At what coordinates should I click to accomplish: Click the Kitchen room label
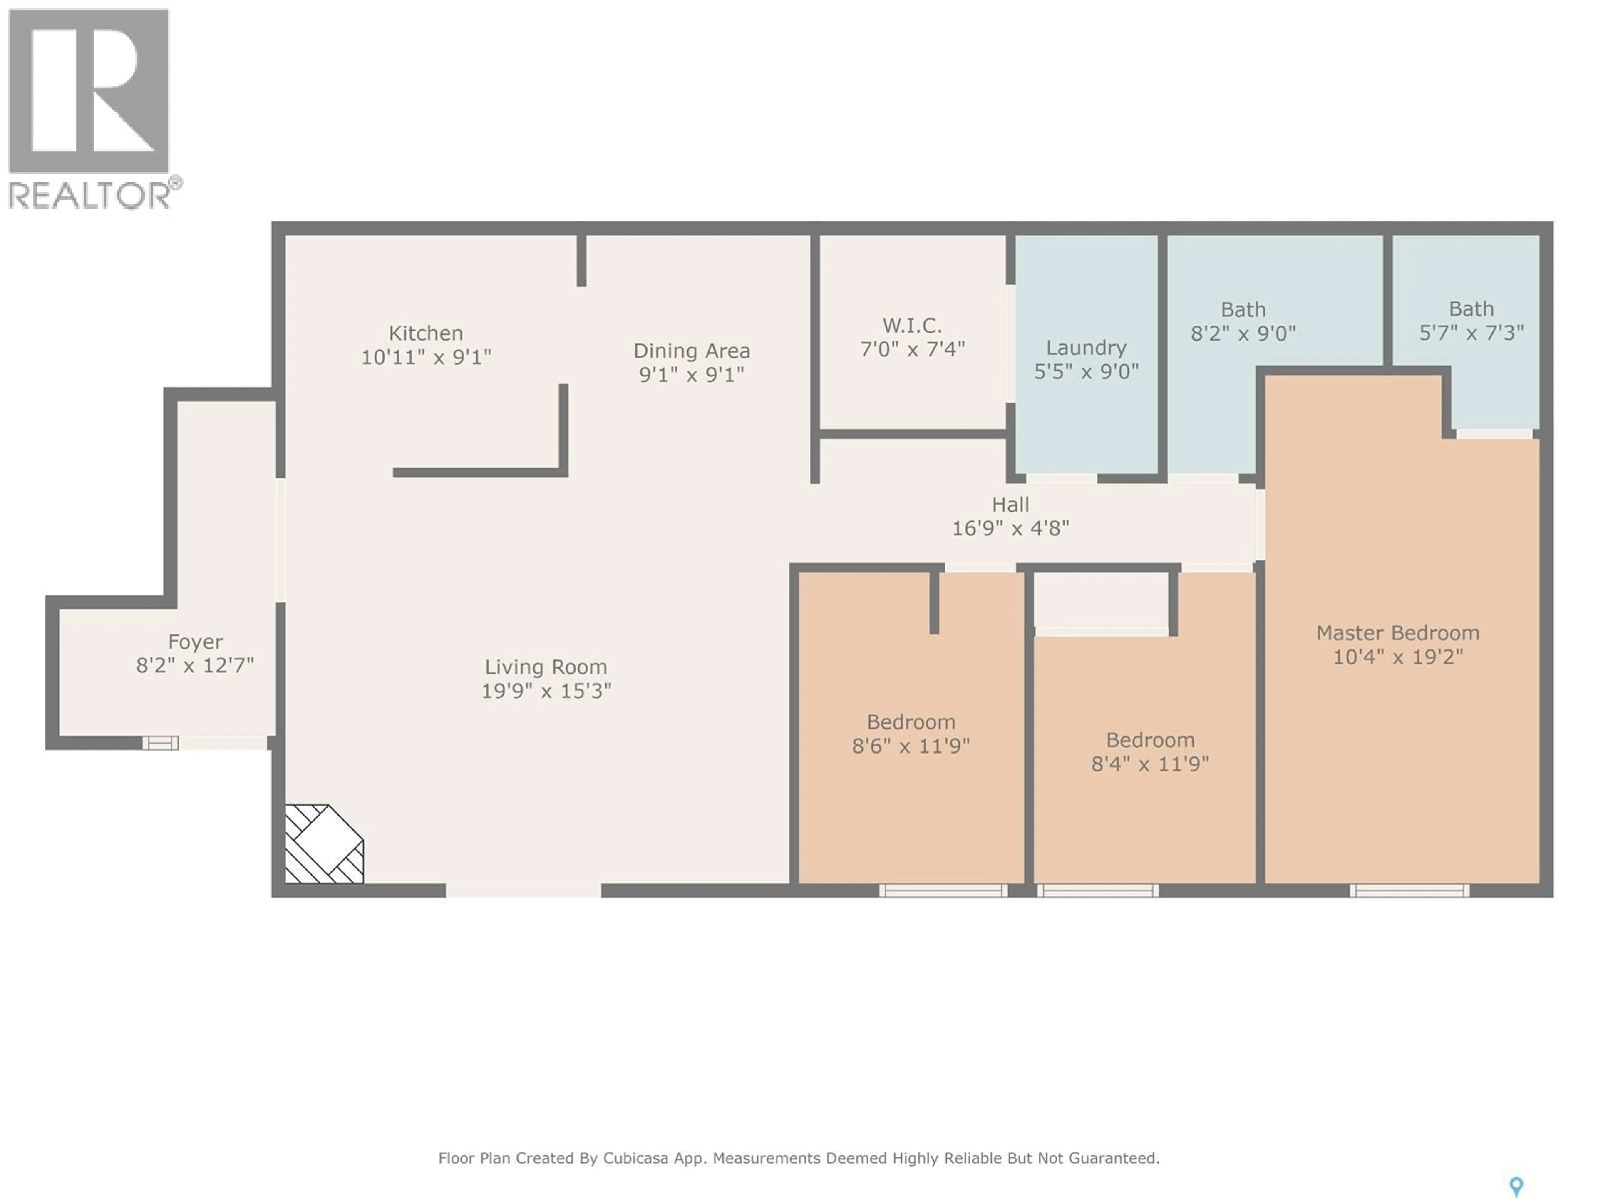click(x=425, y=333)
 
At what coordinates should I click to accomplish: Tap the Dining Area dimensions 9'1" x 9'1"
click(x=691, y=374)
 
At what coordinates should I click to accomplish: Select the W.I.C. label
click(x=912, y=325)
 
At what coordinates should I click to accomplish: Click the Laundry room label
click(x=1086, y=348)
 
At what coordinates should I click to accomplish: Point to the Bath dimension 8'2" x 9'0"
click(x=1243, y=333)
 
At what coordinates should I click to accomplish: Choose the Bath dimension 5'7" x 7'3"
click(x=1471, y=333)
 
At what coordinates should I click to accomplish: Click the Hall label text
click(x=1010, y=505)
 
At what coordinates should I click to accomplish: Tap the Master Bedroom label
click(x=1397, y=633)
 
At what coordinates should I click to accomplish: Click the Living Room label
click(x=546, y=667)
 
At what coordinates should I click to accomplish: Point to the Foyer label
click(x=195, y=642)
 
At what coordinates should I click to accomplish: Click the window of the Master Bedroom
click(x=1409, y=891)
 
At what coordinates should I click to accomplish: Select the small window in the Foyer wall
click(x=160, y=743)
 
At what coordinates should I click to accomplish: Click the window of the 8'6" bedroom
click(x=943, y=891)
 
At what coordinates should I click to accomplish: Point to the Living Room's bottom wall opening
click(x=523, y=891)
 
